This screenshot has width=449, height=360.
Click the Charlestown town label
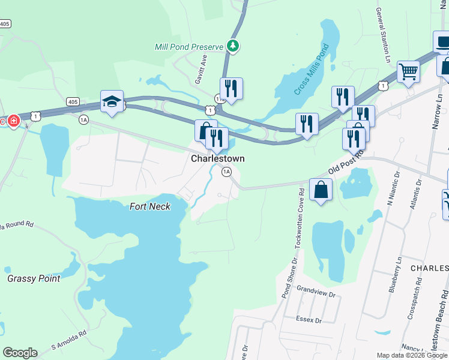tap(217, 159)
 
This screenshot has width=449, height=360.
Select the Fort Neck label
tap(150, 206)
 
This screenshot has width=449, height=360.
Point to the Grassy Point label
tap(34, 278)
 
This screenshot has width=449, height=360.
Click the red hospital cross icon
tap(13, 121)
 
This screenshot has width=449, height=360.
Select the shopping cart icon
tap(408, 72)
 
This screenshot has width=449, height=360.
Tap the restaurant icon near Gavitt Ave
tap(231, 88)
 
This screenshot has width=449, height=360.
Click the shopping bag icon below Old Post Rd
tap(321, 190)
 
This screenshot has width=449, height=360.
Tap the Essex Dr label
tap(309, 320)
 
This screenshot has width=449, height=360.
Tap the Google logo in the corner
tap(20, 353)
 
